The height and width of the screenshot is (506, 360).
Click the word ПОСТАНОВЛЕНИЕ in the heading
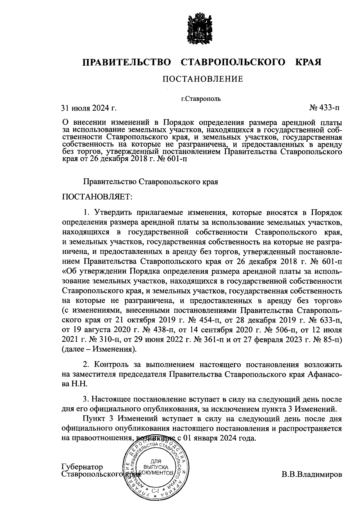[x=202, y=79]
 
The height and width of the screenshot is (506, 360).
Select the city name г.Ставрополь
[x=201, y=99]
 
